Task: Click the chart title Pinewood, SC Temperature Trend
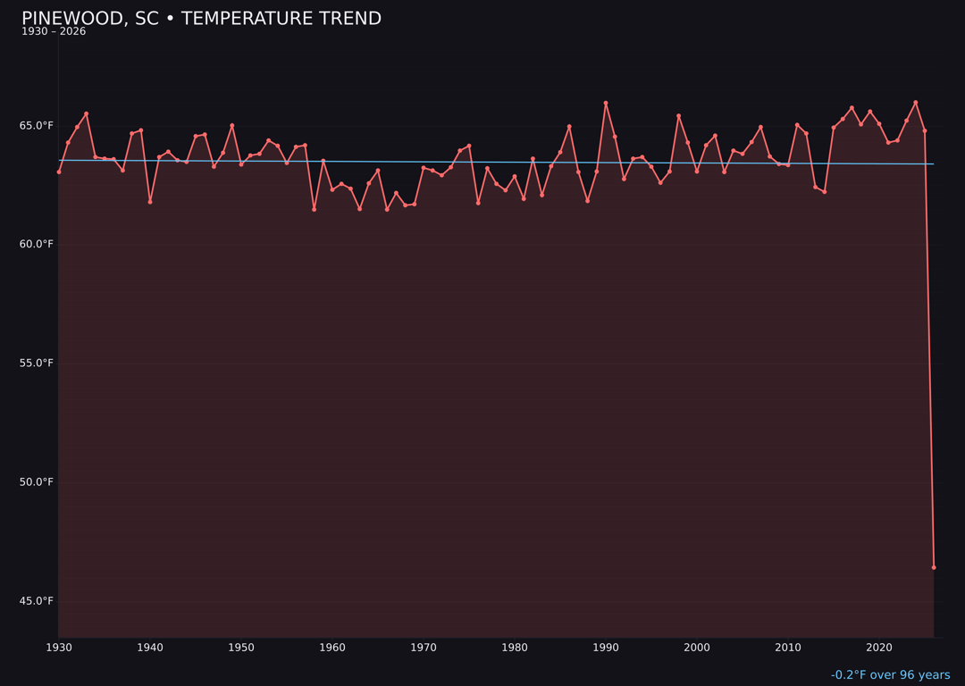click(201, 19)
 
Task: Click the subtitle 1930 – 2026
click(54, 32)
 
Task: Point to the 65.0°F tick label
click(37, 126)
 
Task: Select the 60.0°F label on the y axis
click(37, 245)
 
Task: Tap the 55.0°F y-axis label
click(37, 364)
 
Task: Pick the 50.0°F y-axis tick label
click(37, 482)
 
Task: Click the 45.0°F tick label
click(37, 601)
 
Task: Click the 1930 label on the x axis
click(59, 648)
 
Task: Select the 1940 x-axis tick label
click(150, 648)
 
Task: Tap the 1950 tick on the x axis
click(241, 648)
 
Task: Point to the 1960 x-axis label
click(332, 648)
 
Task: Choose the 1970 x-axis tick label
click(424, 648)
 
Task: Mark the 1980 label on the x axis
click(515, 648)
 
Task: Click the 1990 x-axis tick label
click(606, 648)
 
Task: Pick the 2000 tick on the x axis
click(697, 648)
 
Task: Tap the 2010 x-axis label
click(788, 648)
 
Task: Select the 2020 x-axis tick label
click(879, 648)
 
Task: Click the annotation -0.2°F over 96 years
click(890, 675)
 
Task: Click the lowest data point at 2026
click(934, 567)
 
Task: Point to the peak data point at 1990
click(606, 104)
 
